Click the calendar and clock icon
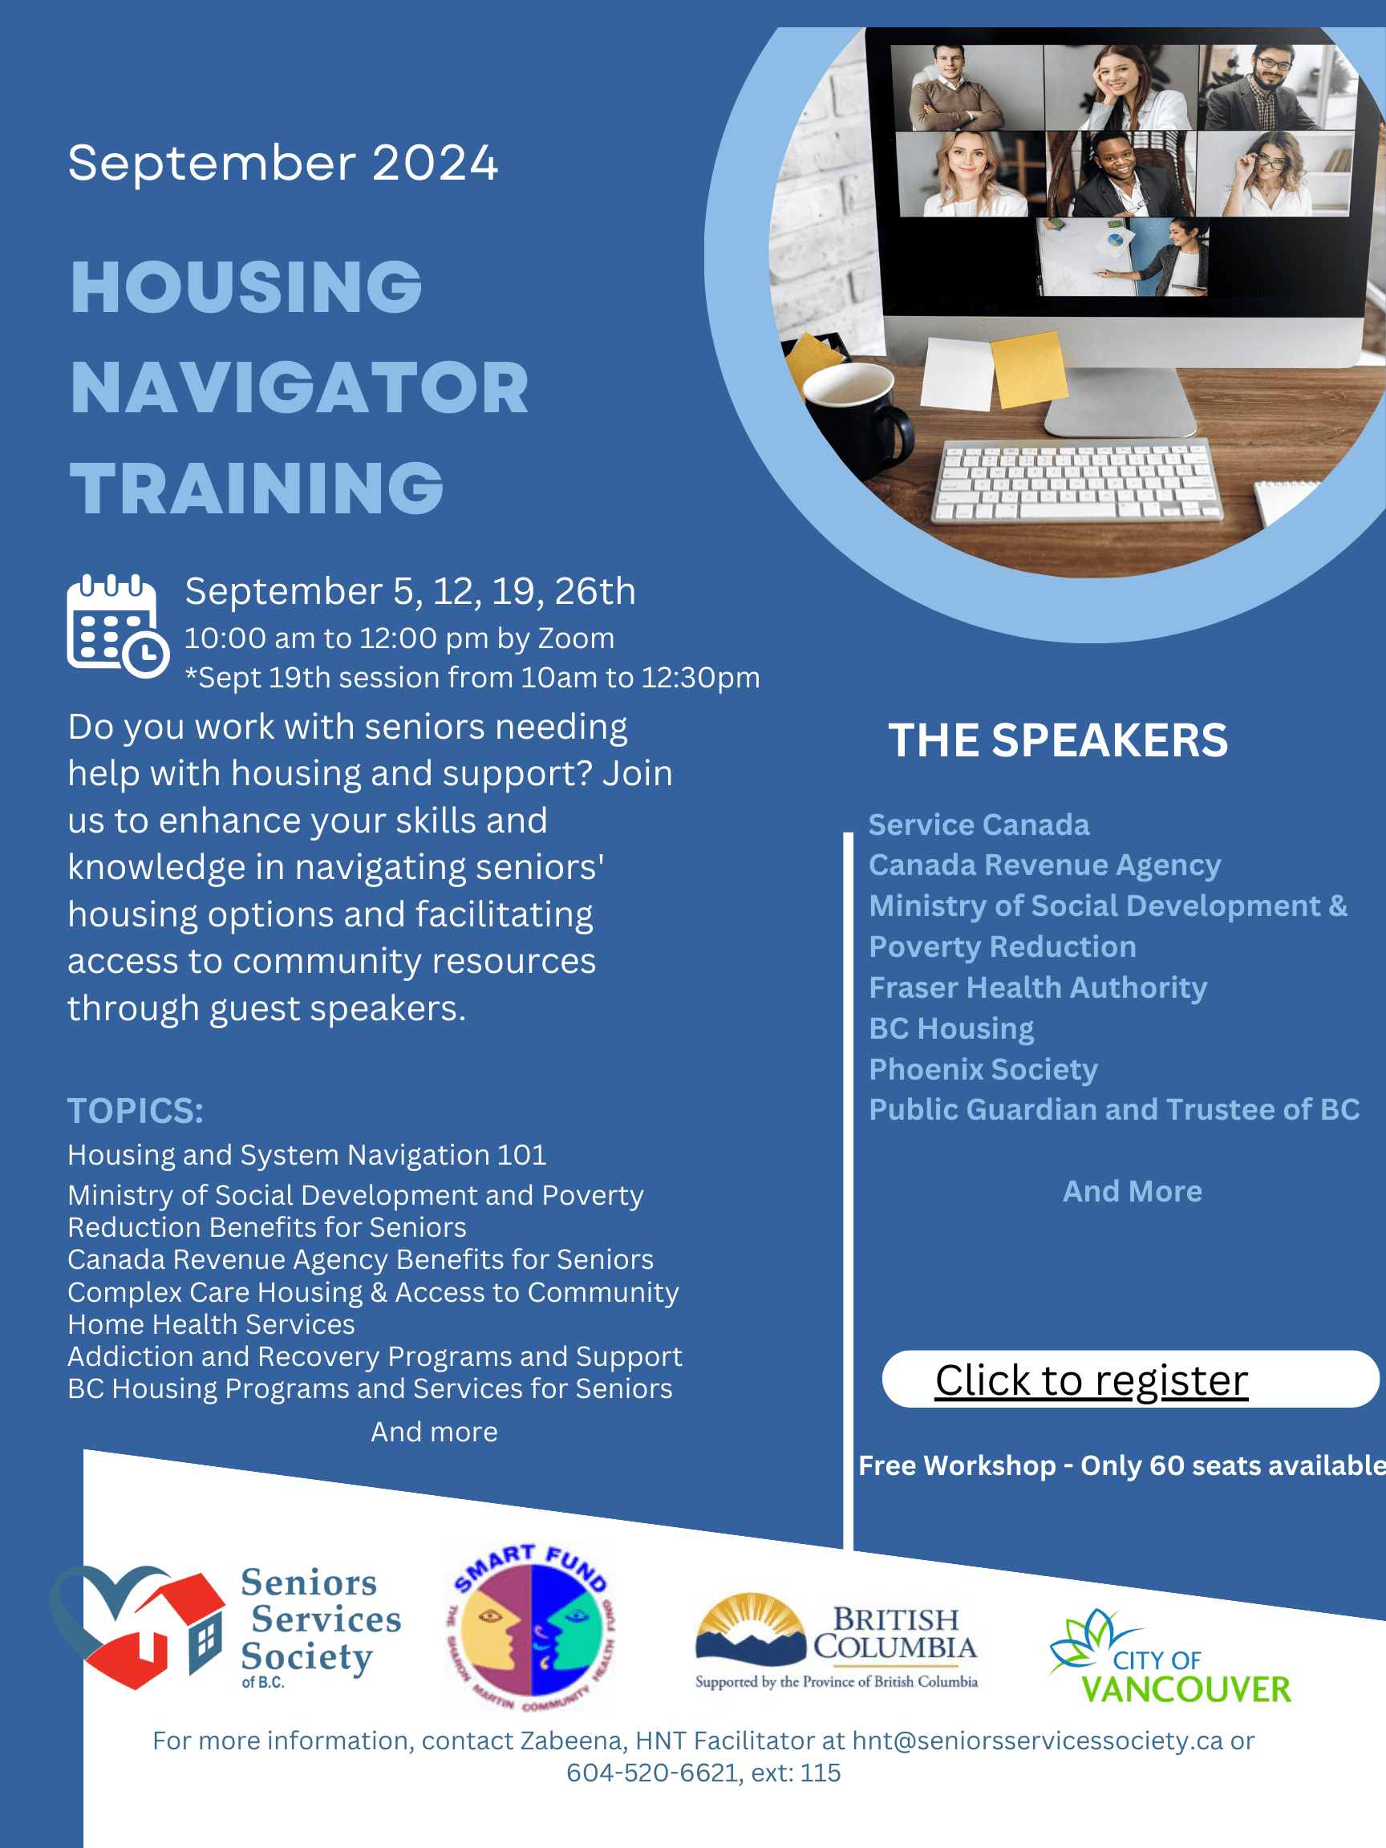click(118, 625)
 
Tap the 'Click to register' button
click(1129, 1380)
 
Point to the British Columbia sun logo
click(751, 1629)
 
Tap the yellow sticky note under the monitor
click(1028, 368)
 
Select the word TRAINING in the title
click(257, 488)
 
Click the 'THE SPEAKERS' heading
click(1058, 740)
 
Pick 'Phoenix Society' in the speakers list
click(983, 1069)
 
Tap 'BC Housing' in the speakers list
click(951, 1028)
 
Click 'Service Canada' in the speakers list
click(979, 825)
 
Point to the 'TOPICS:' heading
click(136, 1111)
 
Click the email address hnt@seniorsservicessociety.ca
click(1038, 1741)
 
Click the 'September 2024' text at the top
click(282, 162)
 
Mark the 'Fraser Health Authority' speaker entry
click(1038, 988)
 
